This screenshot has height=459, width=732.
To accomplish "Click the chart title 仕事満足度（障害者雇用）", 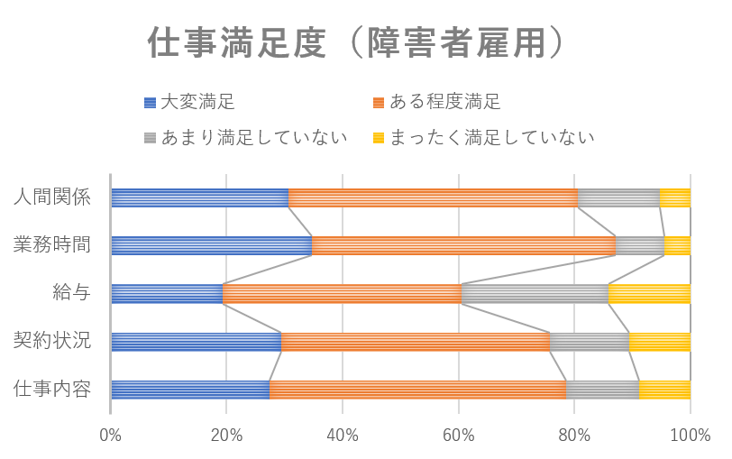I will [357, 43].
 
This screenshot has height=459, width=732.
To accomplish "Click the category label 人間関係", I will [52, 197].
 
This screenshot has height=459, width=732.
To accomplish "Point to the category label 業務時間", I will [52, 245].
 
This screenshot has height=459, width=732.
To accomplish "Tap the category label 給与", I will [71, 293].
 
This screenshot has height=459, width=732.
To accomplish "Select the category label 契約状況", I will [52, 341].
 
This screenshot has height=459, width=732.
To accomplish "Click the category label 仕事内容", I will [52, 390].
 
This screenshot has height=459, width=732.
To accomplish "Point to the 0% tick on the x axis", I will [111, 435].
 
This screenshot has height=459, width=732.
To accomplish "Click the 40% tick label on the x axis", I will [343, 435].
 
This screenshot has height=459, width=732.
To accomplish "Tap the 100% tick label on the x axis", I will [691, 435].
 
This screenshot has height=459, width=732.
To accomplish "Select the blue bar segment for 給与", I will [167, 293].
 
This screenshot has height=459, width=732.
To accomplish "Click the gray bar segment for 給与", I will [535, 293].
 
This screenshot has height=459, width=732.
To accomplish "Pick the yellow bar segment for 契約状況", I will [660, 341].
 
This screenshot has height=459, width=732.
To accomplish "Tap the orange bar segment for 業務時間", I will [464, 245].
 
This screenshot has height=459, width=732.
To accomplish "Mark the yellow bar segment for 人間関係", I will [675, 197].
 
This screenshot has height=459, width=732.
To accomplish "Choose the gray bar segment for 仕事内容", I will [603, 390].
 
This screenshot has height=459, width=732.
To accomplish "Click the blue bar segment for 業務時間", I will [211, 245].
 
